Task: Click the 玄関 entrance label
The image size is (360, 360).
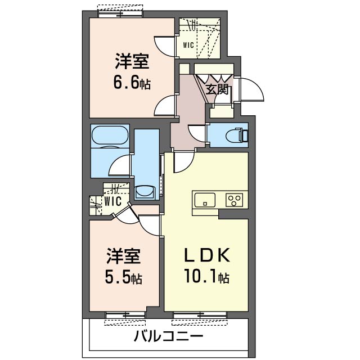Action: coord(216,89)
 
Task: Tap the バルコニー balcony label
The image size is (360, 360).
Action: coord(168,337)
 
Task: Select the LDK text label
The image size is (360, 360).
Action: coord(208,256)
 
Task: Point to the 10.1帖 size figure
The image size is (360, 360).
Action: coord(208,277)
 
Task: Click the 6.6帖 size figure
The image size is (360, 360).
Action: coord(132,83)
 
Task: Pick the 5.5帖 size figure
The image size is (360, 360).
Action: coord(124,277)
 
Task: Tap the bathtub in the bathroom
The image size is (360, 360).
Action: coord(110,136)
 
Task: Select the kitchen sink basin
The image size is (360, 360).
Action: coord(204,199)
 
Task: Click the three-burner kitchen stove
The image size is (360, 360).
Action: coord(234,199)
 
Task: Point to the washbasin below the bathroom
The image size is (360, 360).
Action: coord(145,192)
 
